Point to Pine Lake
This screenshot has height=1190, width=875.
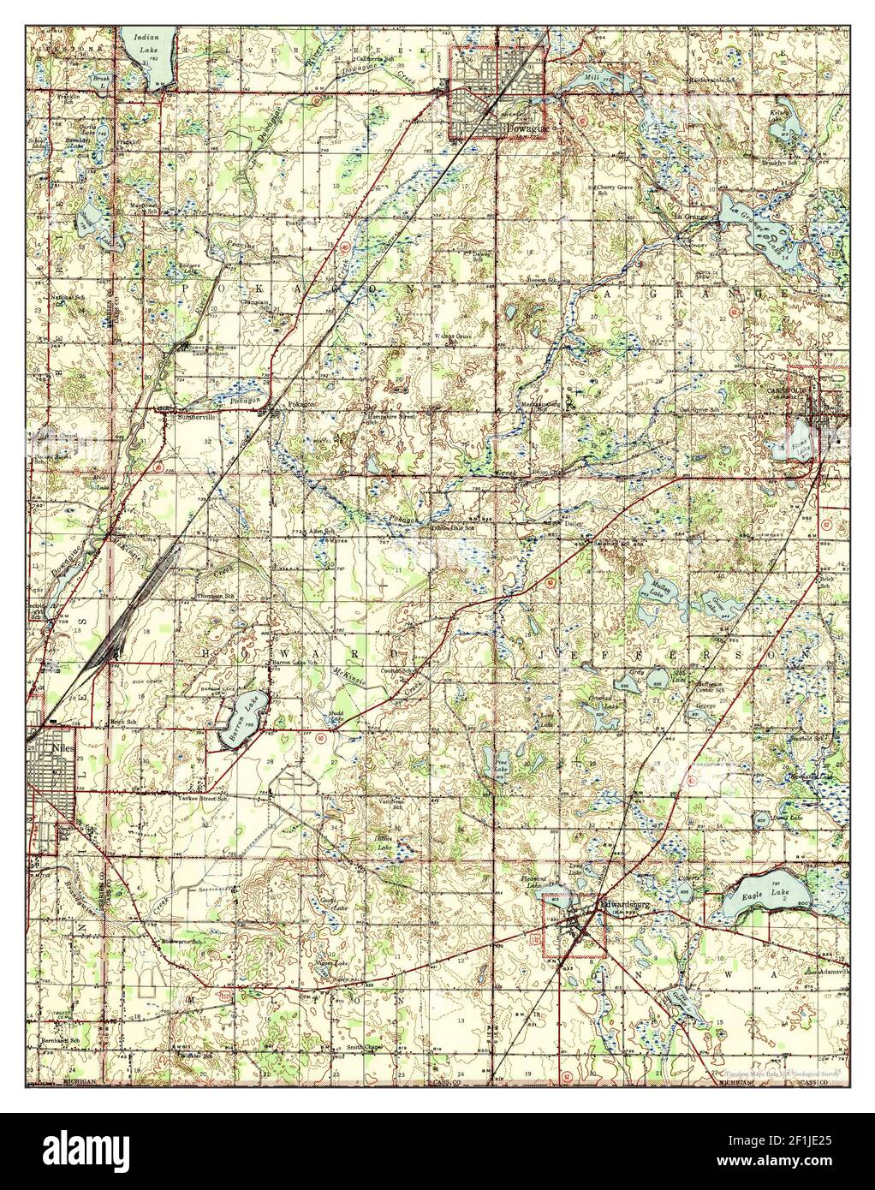click(x=488, y=759)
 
